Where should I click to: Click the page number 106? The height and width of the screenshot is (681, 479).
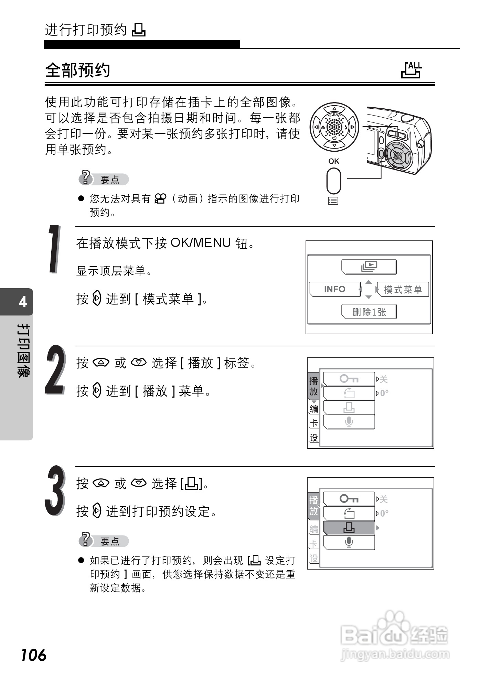(34, 655)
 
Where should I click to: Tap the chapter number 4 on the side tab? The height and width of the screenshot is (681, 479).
(23, 302)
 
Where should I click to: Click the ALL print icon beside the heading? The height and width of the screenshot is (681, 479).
(412, 70)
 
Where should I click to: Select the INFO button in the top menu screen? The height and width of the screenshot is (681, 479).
(334, 289)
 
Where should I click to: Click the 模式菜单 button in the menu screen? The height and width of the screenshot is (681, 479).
(403, 290)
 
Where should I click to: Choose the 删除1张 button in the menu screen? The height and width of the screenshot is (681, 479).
(369, 312)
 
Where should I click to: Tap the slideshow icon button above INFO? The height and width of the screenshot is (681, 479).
(369, 267)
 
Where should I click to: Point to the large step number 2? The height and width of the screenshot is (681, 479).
(55, 370)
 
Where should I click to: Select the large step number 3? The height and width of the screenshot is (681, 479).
(55, 490)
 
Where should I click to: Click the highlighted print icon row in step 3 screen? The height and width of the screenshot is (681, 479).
(349, 528)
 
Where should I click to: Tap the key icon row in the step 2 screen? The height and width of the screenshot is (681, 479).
(349, 379)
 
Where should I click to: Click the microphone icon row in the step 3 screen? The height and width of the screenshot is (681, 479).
(349, 542)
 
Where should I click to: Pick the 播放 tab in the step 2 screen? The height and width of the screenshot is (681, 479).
(313, 386)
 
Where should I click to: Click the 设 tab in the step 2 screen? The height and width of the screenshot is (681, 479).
(314, 438)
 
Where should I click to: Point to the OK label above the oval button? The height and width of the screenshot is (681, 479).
(334, 161)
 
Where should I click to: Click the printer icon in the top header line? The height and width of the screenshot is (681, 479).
(139, 30)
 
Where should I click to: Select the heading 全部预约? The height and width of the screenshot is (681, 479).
(78, 70)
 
